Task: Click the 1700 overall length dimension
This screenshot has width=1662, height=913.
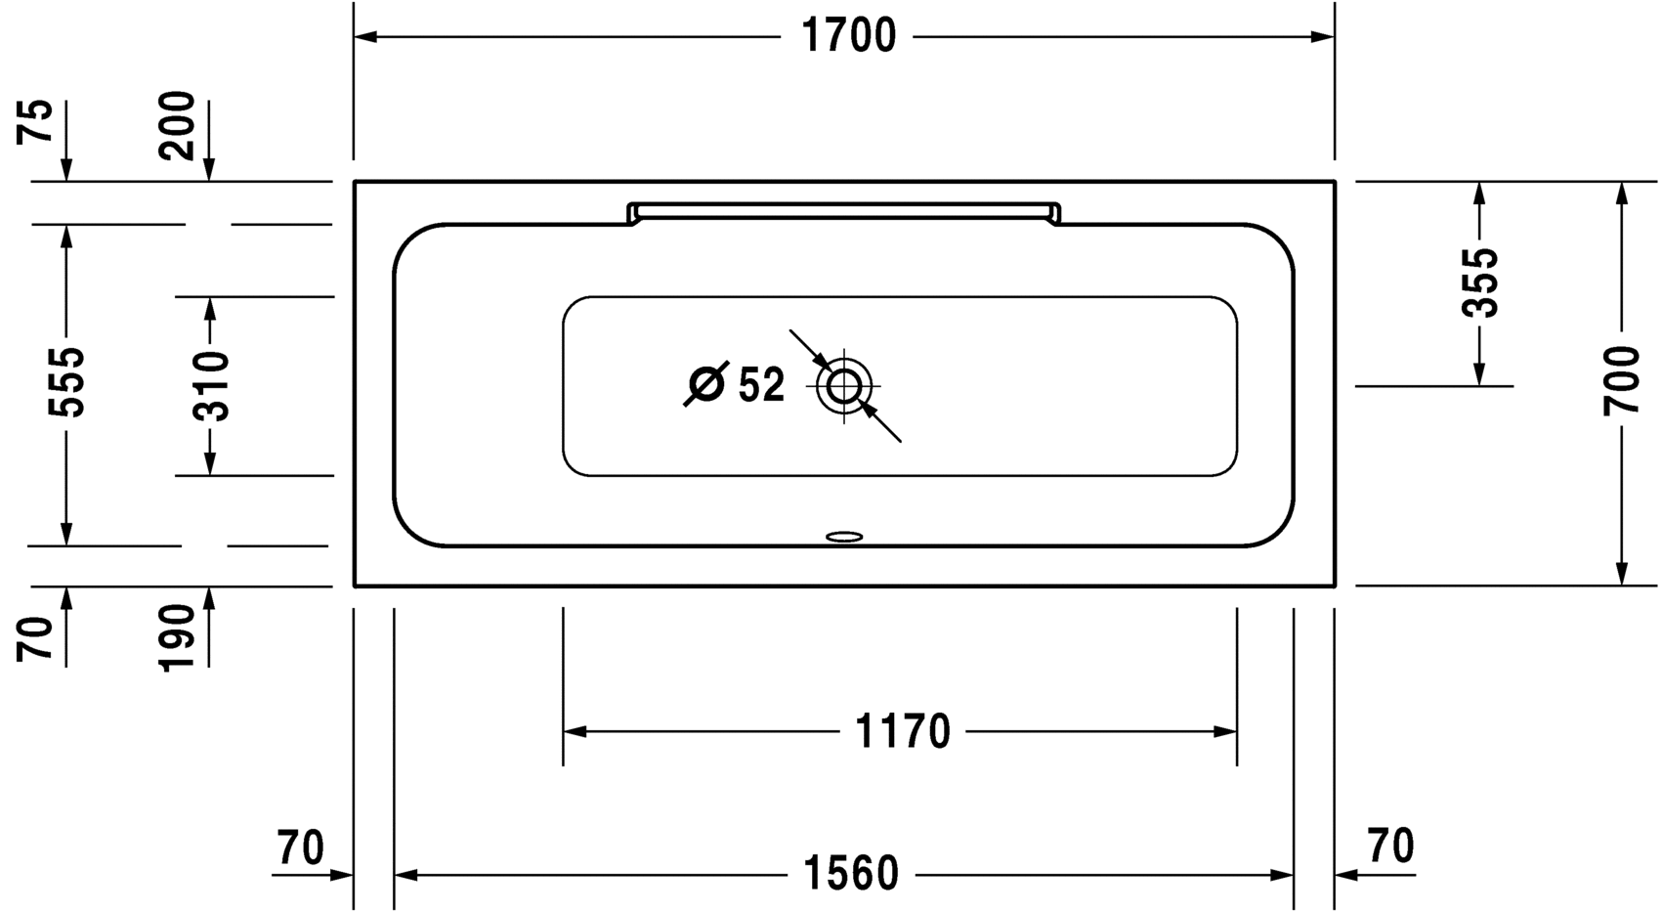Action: click(x=848, y=37)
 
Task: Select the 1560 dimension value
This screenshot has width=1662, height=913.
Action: click(x=850, y=874)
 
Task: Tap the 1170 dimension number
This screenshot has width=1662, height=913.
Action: click(x=902, y=731)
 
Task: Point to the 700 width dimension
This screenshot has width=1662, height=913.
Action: click(x=1621, y=380)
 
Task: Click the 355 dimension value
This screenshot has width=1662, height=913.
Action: click(x=1479, y=283)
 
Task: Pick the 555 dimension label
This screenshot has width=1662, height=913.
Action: click(x=67, y=381)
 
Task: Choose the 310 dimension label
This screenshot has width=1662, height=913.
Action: click(x=210, y=386)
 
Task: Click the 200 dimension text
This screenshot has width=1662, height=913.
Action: click(x=178, y=125)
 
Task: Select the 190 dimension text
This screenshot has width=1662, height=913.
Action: click(x=178, y=637)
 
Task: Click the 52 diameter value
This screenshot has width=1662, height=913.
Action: click(x=761, y=386)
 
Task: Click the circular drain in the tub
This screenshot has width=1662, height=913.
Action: click(x=844, y=386)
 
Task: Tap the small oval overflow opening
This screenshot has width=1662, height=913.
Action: click(x=844, y=537)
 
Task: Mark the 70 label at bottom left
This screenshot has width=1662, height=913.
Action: click(x=300, y=848)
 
